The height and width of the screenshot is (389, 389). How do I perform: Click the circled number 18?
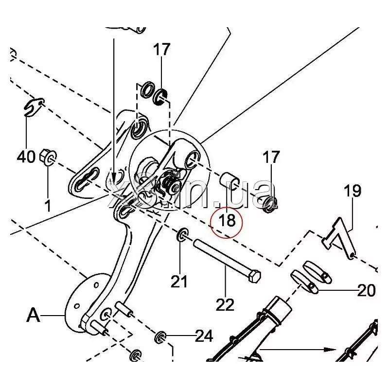227,220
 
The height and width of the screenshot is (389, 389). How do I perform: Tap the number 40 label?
26,157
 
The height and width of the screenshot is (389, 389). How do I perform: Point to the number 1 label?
48,206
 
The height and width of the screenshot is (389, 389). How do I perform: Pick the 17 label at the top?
162,50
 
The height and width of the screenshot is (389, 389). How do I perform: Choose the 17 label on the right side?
271,157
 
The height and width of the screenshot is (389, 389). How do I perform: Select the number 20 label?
366,291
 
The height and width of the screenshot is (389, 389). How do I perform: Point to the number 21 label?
180,281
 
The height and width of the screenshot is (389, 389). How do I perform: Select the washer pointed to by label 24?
161,336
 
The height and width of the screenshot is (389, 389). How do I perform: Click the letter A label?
33,316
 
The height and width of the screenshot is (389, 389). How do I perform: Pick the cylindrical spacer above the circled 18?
229,184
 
